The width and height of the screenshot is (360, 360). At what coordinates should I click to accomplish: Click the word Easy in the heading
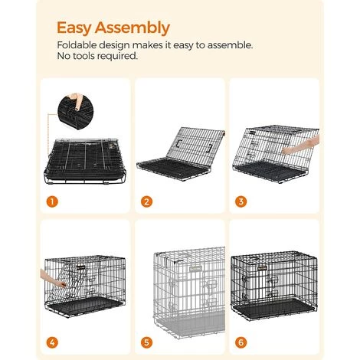pos(74,28)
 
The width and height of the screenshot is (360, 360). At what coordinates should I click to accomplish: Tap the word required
pos(119,56)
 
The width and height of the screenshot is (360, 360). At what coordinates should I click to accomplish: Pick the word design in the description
pos(119,45)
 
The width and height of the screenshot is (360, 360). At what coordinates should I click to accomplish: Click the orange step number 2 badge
pos(146,203)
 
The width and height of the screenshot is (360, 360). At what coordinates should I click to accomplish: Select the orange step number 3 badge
pos(241,203)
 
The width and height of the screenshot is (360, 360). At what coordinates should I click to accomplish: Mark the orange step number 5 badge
pos(146,343)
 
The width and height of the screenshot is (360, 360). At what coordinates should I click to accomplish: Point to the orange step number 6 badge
pos(241,343)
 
